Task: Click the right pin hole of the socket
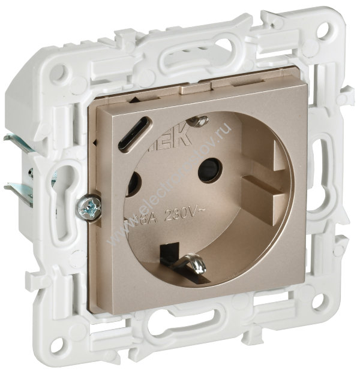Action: coord(209,170)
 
